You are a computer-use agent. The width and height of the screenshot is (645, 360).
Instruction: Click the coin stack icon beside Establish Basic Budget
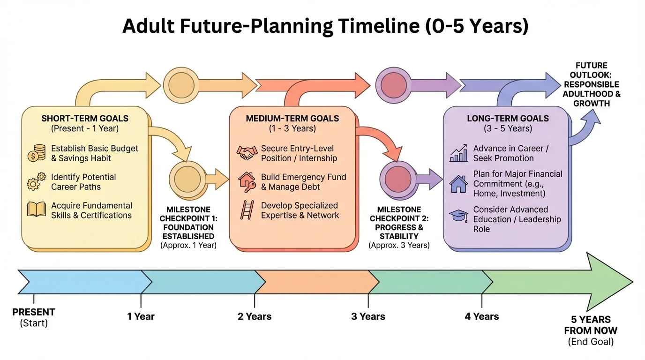click(37, 153)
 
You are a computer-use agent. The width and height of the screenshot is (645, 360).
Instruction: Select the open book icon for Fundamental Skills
click(37, 210)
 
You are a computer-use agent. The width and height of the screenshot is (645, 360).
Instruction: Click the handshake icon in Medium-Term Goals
click(247, 153)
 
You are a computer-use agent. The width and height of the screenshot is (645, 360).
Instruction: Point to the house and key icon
click(247, 181)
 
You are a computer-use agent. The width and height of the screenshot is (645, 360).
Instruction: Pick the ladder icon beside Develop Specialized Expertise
click(247, 210)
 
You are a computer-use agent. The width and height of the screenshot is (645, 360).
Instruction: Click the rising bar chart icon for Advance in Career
click(458, 153)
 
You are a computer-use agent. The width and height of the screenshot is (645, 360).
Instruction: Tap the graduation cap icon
click(458, 216)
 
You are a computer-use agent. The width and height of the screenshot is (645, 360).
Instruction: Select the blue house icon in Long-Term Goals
click(458, 184)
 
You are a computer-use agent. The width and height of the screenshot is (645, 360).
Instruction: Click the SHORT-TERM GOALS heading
click(85, 119)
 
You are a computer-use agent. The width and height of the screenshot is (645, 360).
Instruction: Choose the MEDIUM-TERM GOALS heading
click(292, 119)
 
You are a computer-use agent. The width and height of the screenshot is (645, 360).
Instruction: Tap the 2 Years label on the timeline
click(255, 317)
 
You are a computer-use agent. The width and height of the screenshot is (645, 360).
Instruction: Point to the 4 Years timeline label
click(482, 317)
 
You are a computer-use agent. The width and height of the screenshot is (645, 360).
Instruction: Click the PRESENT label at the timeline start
click(34, 312)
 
